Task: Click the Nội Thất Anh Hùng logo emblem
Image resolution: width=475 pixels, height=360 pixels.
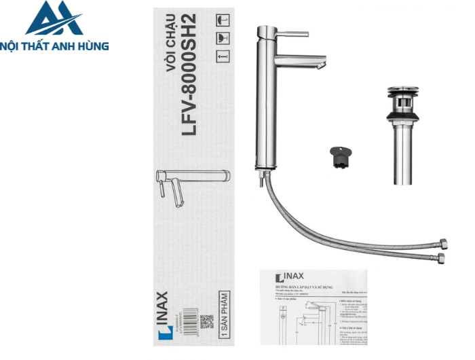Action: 54,19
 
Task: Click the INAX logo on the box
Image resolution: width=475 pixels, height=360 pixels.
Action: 161,313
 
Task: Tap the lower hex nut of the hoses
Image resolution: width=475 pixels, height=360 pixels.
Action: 442,258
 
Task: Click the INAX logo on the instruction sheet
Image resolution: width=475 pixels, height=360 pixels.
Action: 289,277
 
